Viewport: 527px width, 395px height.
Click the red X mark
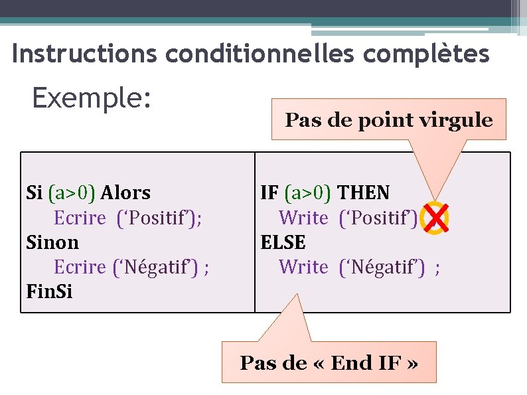point(436,218)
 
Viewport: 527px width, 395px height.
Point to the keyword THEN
point(364,193)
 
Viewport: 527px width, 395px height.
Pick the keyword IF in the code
point(269,193)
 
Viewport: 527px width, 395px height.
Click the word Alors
point(125,193)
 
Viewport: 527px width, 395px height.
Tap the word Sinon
point(52,242)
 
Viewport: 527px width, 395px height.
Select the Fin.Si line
point(49,291)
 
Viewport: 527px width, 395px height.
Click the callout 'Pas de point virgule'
point(389,120)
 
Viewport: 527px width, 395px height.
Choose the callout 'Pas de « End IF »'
point(329,363)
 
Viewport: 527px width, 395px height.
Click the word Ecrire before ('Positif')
point(80,218)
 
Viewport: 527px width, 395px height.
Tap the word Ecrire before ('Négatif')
point(80,267)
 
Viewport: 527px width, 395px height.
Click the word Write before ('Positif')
point(304,218)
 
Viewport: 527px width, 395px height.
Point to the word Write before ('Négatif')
point(304,267)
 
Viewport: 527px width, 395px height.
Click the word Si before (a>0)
point(34,193)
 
